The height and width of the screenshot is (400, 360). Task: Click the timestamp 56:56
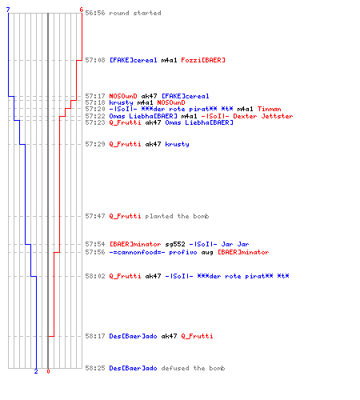[95, 13]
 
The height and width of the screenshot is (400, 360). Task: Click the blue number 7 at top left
[8, 10]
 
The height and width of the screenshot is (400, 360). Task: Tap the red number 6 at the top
[82, 10]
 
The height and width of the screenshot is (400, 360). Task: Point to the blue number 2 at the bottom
[36, 371]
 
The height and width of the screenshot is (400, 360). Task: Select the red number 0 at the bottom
[48, 371]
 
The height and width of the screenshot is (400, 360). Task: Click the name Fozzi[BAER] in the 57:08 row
[203, 60]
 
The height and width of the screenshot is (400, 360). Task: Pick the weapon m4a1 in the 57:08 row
[169, 60]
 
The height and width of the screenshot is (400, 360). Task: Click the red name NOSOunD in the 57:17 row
[123, 96]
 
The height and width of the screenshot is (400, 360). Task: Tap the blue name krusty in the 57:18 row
[121, 102]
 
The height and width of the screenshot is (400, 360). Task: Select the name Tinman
[269, 109]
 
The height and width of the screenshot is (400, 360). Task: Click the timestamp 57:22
[95, 116]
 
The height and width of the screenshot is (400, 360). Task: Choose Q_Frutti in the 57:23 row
[125, 122]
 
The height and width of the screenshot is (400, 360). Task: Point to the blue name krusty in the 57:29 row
[177, 144]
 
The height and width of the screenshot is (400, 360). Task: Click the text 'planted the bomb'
[177, 216]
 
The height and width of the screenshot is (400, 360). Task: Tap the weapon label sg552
[175, 244]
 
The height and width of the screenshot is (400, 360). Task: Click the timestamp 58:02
[95, 276]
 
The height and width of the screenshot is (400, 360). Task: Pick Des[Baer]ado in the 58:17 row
[133, 336]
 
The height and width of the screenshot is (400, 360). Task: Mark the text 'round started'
[135, 13]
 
